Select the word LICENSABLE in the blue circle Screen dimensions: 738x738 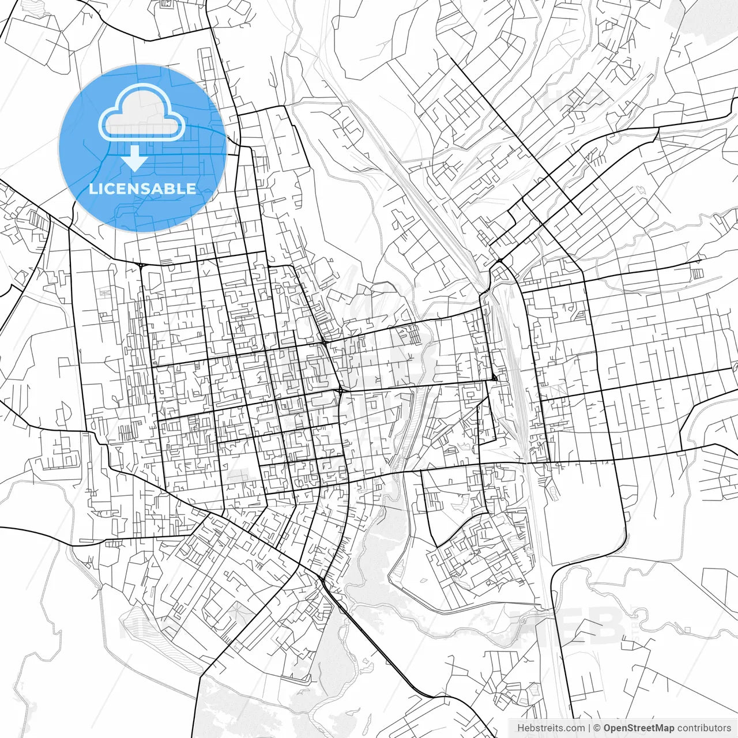[x=142, y=189]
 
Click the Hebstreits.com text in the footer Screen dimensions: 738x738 [x=551, y=728]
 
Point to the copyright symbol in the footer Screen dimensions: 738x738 [x=598, y=728]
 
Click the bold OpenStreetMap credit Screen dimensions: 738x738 [x=638, y=728]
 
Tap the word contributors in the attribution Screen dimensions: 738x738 [x=704, y=728]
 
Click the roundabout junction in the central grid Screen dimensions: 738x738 [x=341, y=391]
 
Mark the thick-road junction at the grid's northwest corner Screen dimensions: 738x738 [x=141, y=265]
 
